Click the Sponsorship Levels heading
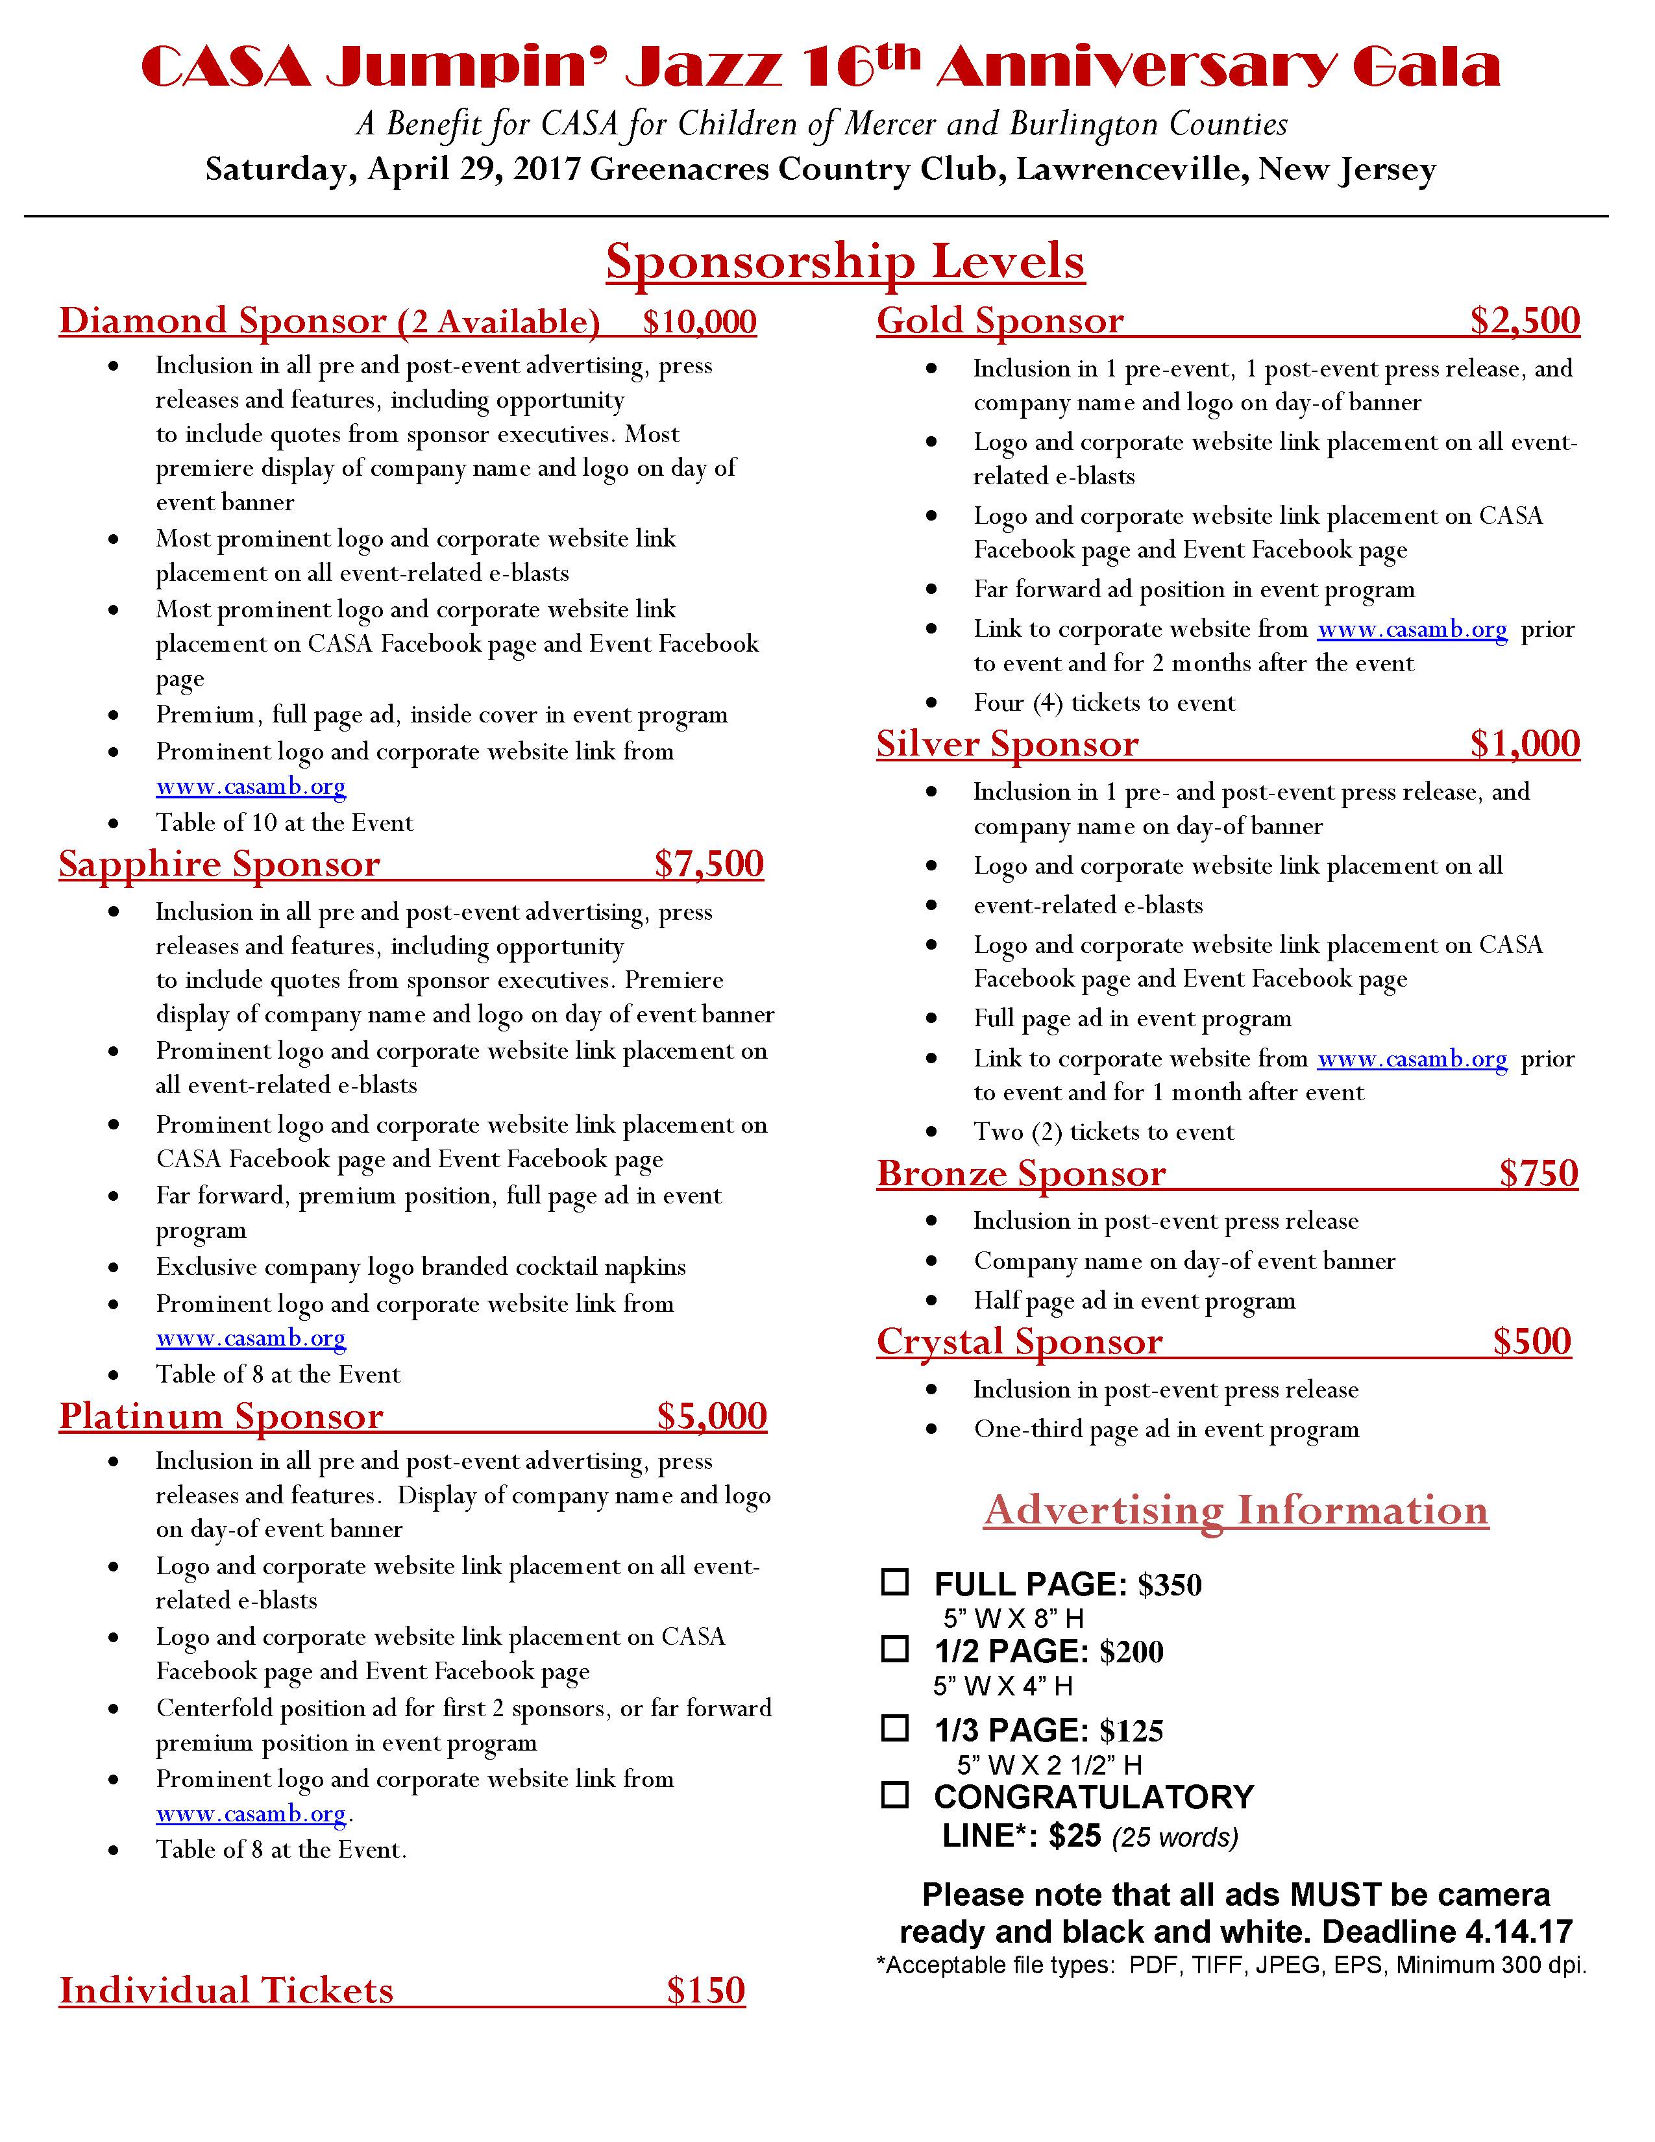point(844,262)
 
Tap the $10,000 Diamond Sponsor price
point(699,322)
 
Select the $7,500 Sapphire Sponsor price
point(709,864)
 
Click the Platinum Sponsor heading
point(221,1416)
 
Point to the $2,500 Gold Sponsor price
point(1525,321)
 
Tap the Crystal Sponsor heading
point(1019,1342)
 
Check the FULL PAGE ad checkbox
point(894,1582)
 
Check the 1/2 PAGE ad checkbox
point(894,1649)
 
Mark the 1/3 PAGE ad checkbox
point(894,1728)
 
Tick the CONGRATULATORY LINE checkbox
point(894,1795)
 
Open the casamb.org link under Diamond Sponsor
point(251,787)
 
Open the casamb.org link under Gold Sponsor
point(1411,630)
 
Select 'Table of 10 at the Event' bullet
point(284,823)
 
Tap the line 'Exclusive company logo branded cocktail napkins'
point(421,1267)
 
